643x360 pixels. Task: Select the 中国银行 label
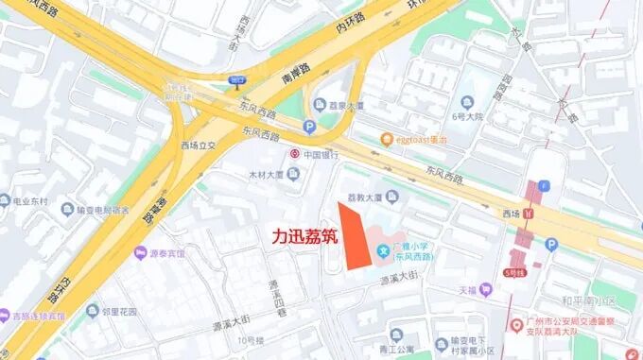click(321, 153)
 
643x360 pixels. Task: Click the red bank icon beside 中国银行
click(295, 153)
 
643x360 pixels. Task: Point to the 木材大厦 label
click(267, 175)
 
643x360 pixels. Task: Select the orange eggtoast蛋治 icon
click(387, 140)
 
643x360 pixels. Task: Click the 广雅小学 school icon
click(382, 249)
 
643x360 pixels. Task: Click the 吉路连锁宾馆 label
click(39, 316)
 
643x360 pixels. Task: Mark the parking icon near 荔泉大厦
click(309, 127)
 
